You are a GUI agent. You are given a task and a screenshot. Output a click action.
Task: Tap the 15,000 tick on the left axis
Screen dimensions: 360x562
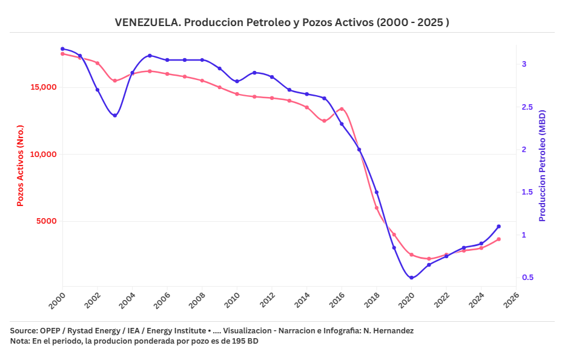(43, 87)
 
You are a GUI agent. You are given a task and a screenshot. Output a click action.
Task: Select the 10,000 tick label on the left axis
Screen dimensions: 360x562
(43, 154)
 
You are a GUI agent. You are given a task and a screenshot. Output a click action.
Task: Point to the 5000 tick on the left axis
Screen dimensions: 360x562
(46, 221)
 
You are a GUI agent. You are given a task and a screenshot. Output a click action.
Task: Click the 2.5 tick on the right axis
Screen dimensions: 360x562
(528, 107)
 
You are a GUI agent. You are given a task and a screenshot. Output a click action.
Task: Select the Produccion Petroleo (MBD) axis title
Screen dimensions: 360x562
(543, 165)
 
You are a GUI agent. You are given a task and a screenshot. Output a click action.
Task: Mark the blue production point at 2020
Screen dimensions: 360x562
(411, 278)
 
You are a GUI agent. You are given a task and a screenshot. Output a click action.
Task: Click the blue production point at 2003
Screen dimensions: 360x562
(115, 116)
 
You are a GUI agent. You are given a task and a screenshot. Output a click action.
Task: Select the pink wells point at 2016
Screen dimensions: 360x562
(342, 109)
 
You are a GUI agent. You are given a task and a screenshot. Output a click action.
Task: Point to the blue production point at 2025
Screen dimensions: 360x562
(498, 226)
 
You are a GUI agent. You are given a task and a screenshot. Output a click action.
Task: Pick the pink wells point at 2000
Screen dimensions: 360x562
(62, 54)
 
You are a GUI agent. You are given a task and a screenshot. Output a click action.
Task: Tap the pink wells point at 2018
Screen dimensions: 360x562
(377, 208)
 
